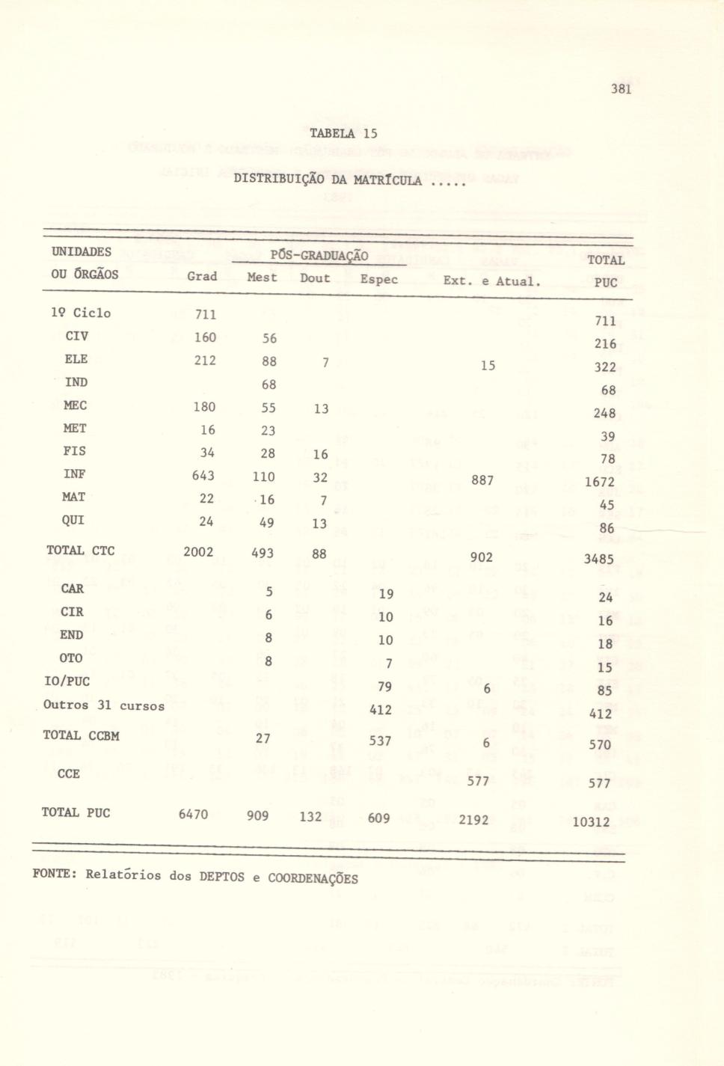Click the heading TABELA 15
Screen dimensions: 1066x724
(x=344, y=134)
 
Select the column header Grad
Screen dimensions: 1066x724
(x=202, y=276)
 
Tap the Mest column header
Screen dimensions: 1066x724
(x=262, y=277)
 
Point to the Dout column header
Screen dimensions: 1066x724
(x=315, y=278)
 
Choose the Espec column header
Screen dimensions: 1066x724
(x=378, y=280)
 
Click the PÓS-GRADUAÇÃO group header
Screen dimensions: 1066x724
(x=319, y=256)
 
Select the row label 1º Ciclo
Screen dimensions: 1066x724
(x=81, y=313)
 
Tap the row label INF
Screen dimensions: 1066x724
(x=75, y=474)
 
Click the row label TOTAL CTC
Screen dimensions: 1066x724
(x=81, y=551)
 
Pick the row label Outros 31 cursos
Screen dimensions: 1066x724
(x=104, y=705)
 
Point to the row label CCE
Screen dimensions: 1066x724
(x=68, y=774)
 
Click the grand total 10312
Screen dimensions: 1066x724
(x=591, y=822)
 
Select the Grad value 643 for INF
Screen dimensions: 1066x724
(x=203, y=476)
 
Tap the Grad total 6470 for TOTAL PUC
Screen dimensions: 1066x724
(x=193, y=814)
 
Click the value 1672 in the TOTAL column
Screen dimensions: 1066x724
(x=599, y=483)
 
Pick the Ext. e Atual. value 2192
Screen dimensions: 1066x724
(x=473, y=820)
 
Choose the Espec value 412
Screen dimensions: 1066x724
(x=381, y=710)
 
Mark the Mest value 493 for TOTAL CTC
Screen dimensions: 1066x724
(x=261, y=554)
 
